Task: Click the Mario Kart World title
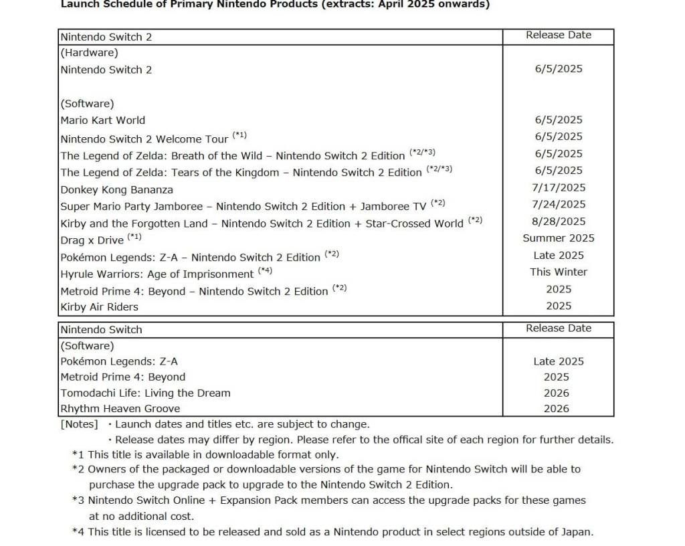click(x=102, y=120)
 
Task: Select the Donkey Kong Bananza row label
click(x=116, y=189)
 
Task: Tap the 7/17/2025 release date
click(x=558, y=188)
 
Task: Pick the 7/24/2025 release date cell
click(x=558, y=205)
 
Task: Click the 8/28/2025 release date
click(x=558, y=221)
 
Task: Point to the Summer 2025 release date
click(x=558, y=238)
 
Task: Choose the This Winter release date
click(x=558, y=272)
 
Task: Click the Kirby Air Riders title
click(x=99, y=307)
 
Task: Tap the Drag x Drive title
click(x=92, y=240)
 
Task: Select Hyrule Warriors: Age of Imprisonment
click(x=157, y=274)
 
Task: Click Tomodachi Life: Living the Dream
click(x=145, y=393)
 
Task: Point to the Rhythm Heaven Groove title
click(x=120, y=409)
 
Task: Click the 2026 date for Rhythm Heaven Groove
click(x=556, y=409)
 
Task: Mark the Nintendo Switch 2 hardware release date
click(x=558, y=69)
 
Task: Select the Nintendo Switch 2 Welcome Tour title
click(x=144, y=139)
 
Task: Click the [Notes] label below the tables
click(x=79, y=424)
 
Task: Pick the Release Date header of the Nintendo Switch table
click(x=558, y=329)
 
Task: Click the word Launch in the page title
click(x=79, y=4)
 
